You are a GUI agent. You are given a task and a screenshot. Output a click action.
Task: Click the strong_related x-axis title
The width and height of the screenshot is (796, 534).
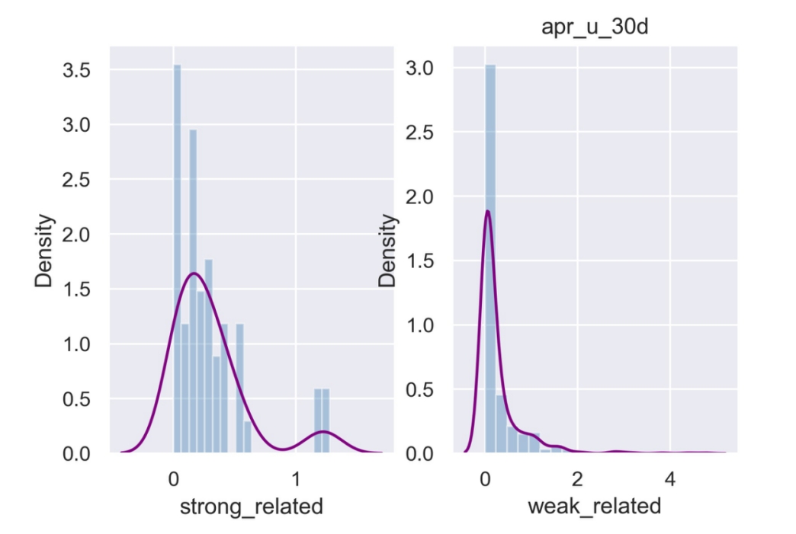251,506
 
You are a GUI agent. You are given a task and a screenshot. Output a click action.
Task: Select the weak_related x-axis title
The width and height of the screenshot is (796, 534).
595,506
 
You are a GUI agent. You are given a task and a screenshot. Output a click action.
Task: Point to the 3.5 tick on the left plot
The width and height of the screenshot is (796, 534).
75,70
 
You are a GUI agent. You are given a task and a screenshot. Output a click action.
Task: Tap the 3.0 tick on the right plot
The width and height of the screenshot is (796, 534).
420,69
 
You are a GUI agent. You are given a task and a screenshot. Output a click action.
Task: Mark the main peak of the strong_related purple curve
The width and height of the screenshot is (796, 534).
194,273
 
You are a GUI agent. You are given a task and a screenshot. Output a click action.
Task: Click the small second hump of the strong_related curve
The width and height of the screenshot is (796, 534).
323,432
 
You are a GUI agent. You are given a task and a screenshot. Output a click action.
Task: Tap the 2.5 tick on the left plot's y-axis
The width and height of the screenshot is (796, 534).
75,180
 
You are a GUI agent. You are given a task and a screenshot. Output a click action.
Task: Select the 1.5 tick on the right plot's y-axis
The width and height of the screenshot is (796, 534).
420,261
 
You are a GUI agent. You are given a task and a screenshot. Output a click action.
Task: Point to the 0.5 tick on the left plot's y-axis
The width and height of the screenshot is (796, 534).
75,399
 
